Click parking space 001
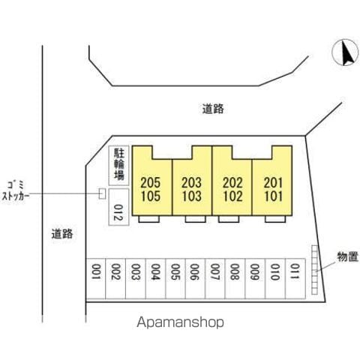click(x=96, y=278)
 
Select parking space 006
click(x=195, y=278)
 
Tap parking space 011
click(x=295, y=278)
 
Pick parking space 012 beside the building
click(x=118, y=207)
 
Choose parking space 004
click(x=155, y=278)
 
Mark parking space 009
click(x=255, y=278)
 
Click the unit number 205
click(x=150, y=183)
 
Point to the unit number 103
click(x=191, y=196)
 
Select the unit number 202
click(x=232, y=183)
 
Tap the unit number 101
click(x=274, y=196)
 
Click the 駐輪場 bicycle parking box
click(x=118, y=166)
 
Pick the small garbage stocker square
click(x=102, y=193)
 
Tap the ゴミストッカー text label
click(x=16, y=191)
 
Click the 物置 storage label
click(x=348, y=256)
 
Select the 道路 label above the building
click(x=213, y=109)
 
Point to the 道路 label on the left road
click(x=62, y=234)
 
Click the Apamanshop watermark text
click(x=180, y=322)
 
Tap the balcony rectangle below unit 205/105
click(x=149, y=219)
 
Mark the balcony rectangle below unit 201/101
click(x=275, y=219)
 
